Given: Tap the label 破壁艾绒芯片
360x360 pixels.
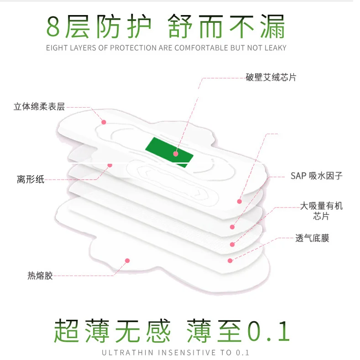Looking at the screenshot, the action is (271, 78).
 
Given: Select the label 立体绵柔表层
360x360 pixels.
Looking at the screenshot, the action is (39, 107).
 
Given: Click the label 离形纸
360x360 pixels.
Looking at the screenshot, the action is (31, 179).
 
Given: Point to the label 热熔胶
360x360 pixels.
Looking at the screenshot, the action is (40, 276).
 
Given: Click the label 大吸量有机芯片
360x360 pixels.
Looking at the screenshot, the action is (321, 211).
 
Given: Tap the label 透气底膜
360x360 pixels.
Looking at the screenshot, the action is (312, 238).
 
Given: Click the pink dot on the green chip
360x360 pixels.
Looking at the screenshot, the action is (176, 154).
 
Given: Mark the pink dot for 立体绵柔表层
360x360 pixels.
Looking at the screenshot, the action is (104, 122).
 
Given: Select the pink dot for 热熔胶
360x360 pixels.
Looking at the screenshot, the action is (127, 261).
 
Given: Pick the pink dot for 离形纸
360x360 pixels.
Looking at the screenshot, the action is (110, 165).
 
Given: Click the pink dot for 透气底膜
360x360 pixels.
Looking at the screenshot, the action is (230, 261).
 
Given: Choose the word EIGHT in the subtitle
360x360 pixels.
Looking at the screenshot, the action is (56, 48).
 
